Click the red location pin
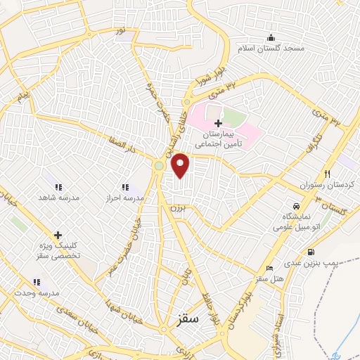tap(181, 165)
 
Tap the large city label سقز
tap(189, 319)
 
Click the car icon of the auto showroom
tap(297, 205)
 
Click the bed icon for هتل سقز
tap(269, 268)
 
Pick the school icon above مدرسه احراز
tap(125, 187)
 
